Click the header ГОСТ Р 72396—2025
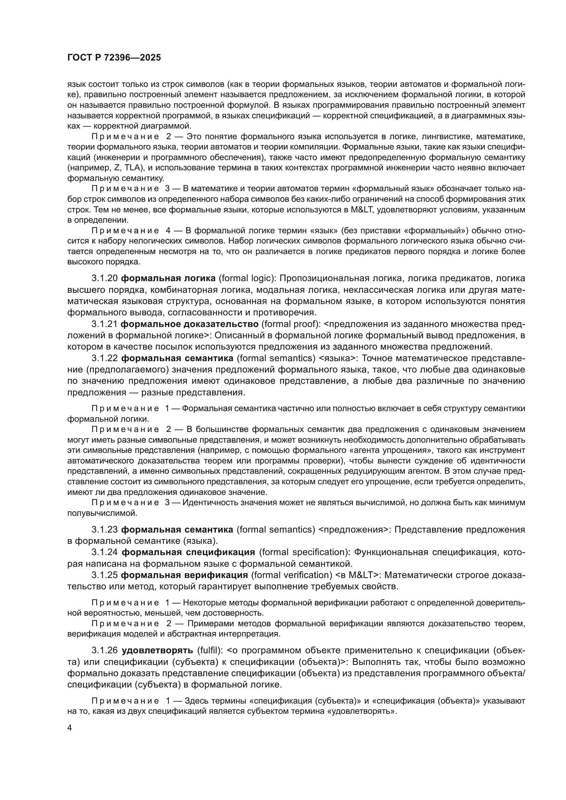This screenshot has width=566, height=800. tap(114, 58)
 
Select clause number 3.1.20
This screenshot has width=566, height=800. tap(105, 278)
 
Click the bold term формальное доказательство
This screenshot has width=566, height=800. tap(189, 324)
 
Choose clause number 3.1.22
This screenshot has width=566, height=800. tap(105, 358)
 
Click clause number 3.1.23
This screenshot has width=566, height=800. tap(105, 529)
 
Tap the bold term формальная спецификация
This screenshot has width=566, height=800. tap(188, 552)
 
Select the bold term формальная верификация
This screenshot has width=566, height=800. tap(184, 575)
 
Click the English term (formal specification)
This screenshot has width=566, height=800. tap(304, 552)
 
